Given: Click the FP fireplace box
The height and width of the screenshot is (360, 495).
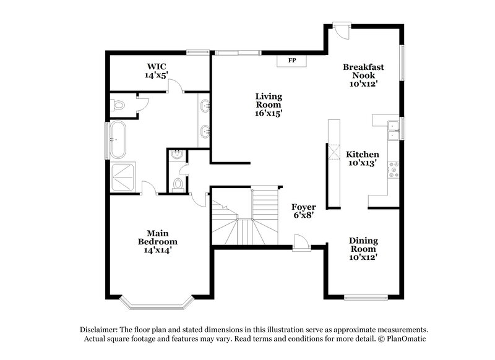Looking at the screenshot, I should [x=290, y=61].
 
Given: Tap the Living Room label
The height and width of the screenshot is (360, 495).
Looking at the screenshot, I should [x=269, y=105].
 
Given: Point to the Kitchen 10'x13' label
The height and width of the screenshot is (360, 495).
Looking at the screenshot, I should [x=363, y=159].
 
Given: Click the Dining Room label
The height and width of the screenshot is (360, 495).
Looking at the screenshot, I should [x=363, y=248].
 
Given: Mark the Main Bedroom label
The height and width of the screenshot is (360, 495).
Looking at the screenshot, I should [x=157, y=241].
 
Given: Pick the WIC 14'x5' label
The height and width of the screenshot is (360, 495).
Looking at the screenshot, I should [x=157, y=71].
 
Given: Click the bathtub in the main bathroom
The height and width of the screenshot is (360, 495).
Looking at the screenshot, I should [x=118, y=139].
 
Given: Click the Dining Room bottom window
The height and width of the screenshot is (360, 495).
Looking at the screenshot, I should [x=365, y=298].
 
